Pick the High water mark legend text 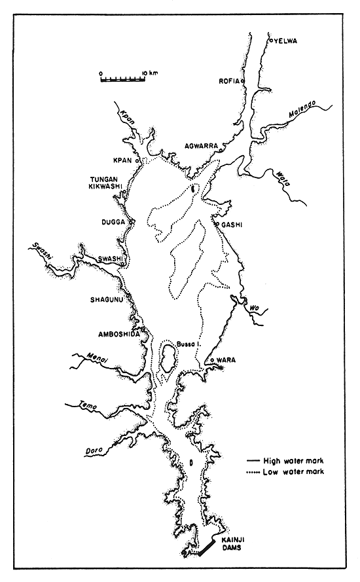pyautogui.click(x=293, y=460)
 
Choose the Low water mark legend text pyautogui.click(x=292, y=471)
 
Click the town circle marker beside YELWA pyautogui.click(x=271, y=41)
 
